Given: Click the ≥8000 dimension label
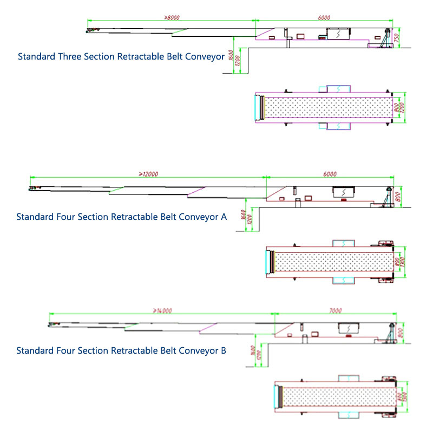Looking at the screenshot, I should (172, 17).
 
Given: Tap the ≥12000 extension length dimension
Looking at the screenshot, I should (148, 174).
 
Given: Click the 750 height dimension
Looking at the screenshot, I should (397, 38).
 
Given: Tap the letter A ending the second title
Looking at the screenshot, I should (224, 217).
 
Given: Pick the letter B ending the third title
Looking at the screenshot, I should (224, 350).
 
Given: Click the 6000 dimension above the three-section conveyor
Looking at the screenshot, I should (324, 17).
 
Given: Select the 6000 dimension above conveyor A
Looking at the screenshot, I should (330, 174).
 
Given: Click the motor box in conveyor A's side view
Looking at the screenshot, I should (344, 192).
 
